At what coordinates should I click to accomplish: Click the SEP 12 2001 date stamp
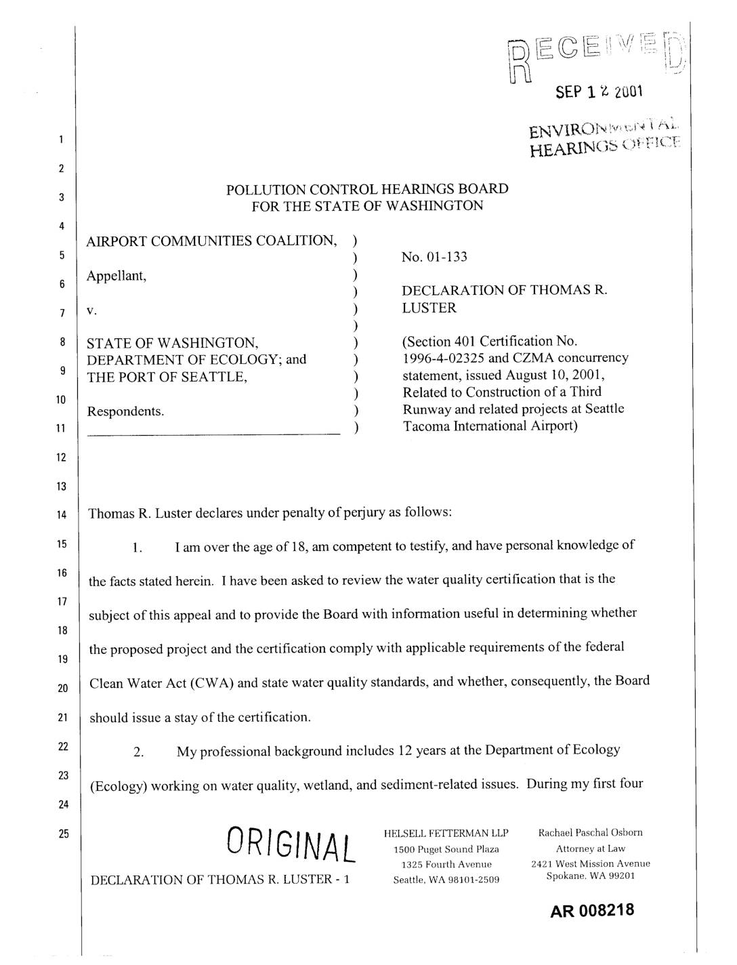[x=597, y=92]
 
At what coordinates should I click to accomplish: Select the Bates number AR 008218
[x=593, y=910]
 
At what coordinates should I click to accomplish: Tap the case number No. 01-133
[x=434, y=257]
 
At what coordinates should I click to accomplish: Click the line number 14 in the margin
[x=62, y=515]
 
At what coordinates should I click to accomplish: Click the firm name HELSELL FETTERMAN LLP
[x=446, y=833]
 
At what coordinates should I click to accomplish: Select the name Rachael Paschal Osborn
[x=590, y=832]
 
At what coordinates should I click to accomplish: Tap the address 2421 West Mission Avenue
[x=590, y=863]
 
